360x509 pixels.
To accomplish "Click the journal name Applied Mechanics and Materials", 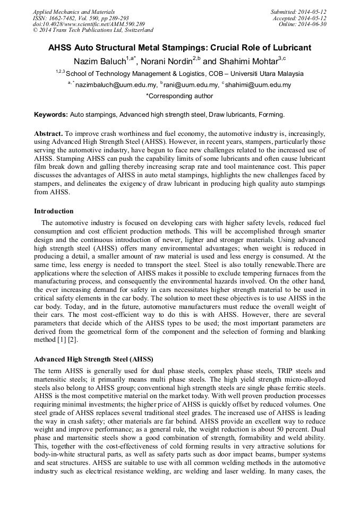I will click(73, 12).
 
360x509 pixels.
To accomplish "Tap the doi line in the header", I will click(88, 24).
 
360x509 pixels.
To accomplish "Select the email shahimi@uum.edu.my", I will click(258, 85).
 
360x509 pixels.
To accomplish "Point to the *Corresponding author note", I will click(179, 97).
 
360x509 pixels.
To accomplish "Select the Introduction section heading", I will click(54, 211).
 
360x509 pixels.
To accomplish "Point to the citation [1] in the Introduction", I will click(67, 339).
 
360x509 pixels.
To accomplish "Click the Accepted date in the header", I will click(315, 18).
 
